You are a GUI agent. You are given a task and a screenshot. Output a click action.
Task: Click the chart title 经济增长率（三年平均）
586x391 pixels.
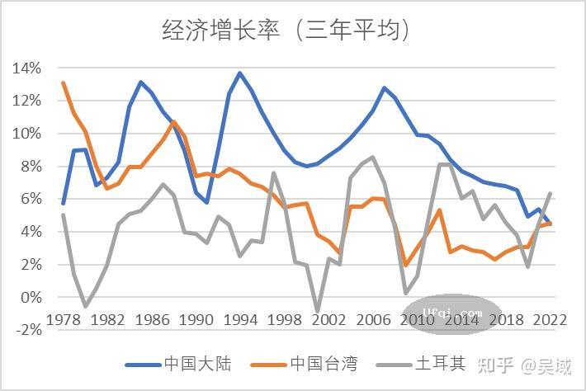(286, 31)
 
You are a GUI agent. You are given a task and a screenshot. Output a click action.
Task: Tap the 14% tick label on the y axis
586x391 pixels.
(26, 68)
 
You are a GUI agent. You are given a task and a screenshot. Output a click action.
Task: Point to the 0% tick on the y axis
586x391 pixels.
(30, 297)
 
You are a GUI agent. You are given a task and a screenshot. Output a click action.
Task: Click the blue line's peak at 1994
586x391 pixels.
(240, 73)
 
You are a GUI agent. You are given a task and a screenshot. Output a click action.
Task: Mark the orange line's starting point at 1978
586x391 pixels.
(64, 82)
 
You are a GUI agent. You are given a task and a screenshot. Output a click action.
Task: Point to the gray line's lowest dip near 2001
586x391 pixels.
(318, 312)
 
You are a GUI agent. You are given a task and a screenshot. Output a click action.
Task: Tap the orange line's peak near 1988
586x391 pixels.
(173, 122)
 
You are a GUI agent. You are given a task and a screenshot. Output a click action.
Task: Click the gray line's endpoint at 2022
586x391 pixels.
(551, 194)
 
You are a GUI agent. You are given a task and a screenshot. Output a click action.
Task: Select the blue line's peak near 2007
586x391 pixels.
(384, 87)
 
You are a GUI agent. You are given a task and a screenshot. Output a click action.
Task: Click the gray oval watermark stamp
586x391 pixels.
(451, 314)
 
